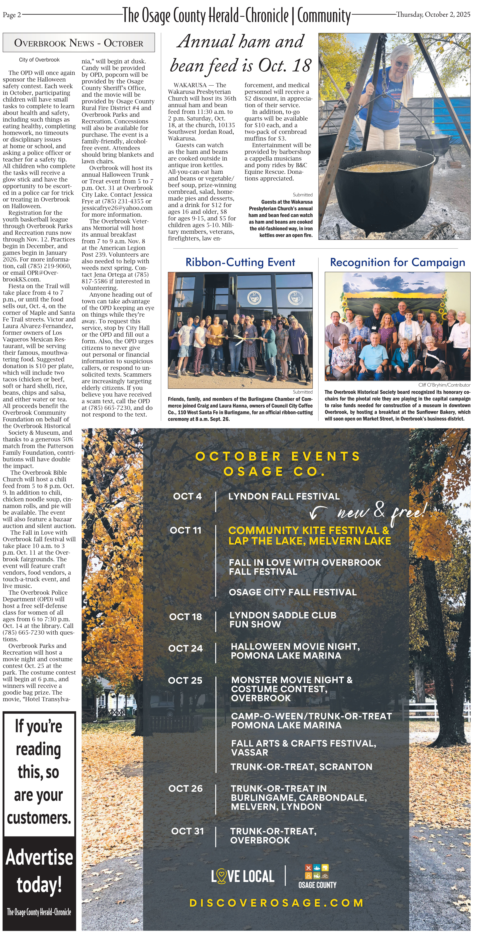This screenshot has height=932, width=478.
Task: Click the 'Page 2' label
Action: (12, 15)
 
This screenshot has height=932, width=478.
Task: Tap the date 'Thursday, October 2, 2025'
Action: (433, 14)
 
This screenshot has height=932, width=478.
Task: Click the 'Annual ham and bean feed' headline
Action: (241, 54)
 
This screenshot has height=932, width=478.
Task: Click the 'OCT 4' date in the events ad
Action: (187, 496)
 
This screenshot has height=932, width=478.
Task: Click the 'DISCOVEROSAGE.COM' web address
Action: (276, 903)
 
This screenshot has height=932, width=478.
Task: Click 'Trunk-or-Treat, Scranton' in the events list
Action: (301, 767)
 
